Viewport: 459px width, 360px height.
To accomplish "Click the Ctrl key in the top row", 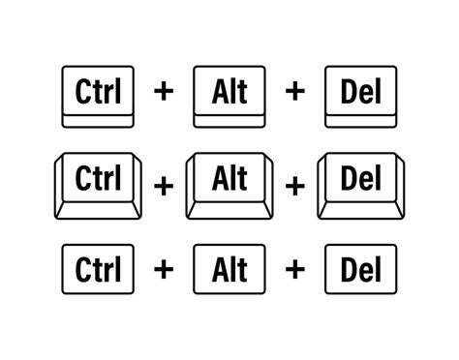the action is pos(97,95).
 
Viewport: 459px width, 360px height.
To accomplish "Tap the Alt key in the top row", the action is pos(228,95).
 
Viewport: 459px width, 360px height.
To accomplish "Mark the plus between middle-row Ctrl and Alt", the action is pos(163,183).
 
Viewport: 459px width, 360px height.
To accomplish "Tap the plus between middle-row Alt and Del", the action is pos(294,183).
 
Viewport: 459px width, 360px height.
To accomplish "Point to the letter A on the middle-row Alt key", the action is pos(217,178).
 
